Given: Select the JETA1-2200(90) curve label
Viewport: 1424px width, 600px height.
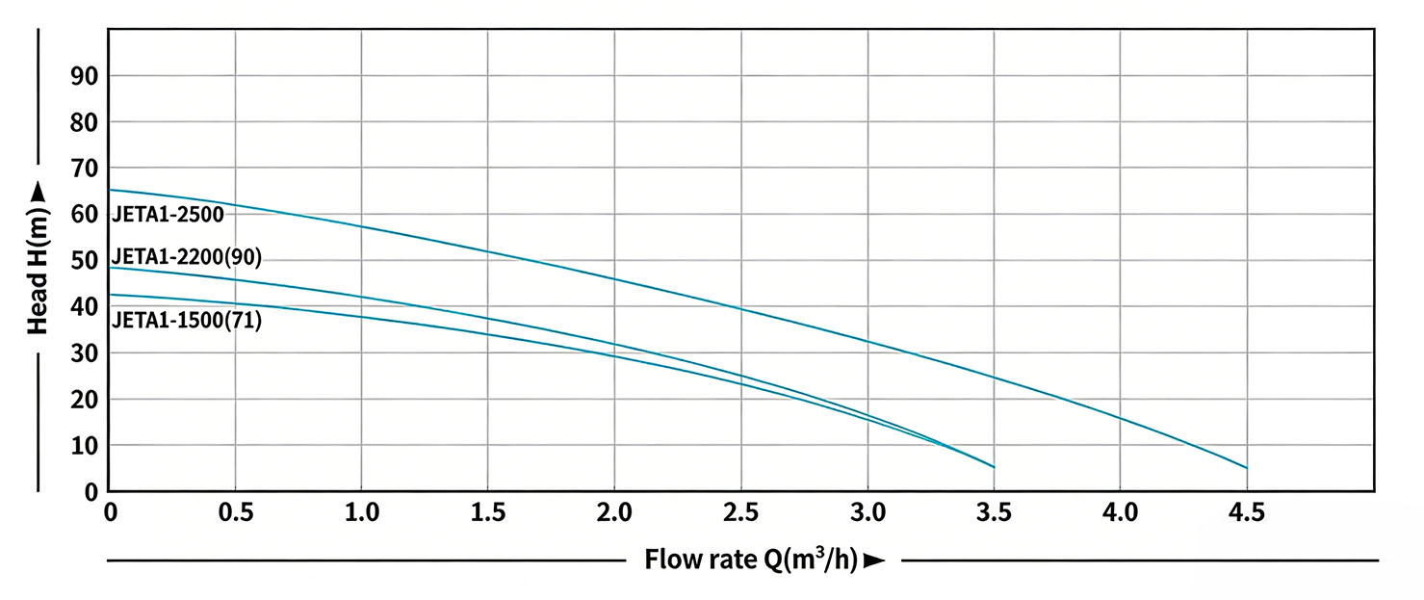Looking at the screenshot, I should click(x=187, y=257).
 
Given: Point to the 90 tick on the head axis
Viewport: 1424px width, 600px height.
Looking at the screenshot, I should click(x=85, y=76).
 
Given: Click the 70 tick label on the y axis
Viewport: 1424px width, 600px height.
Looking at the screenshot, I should click(x=85, y=169).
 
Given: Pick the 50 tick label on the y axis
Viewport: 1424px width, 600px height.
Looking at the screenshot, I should click(x=85, y=261).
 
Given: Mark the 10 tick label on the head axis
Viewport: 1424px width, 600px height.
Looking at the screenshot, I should click(x=85, y=446).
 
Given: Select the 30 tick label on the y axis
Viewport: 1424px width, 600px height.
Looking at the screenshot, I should click(x=85, y=353).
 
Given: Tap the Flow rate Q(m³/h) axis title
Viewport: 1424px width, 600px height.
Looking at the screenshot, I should click(x=752, y=559).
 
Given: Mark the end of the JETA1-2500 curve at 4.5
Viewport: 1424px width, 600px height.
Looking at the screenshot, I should click(x=1247, y=468).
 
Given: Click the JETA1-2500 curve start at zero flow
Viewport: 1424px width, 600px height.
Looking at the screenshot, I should click(x=111, y=190).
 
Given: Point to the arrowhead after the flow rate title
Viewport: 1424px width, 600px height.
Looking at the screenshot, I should click(x=874, y=560).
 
